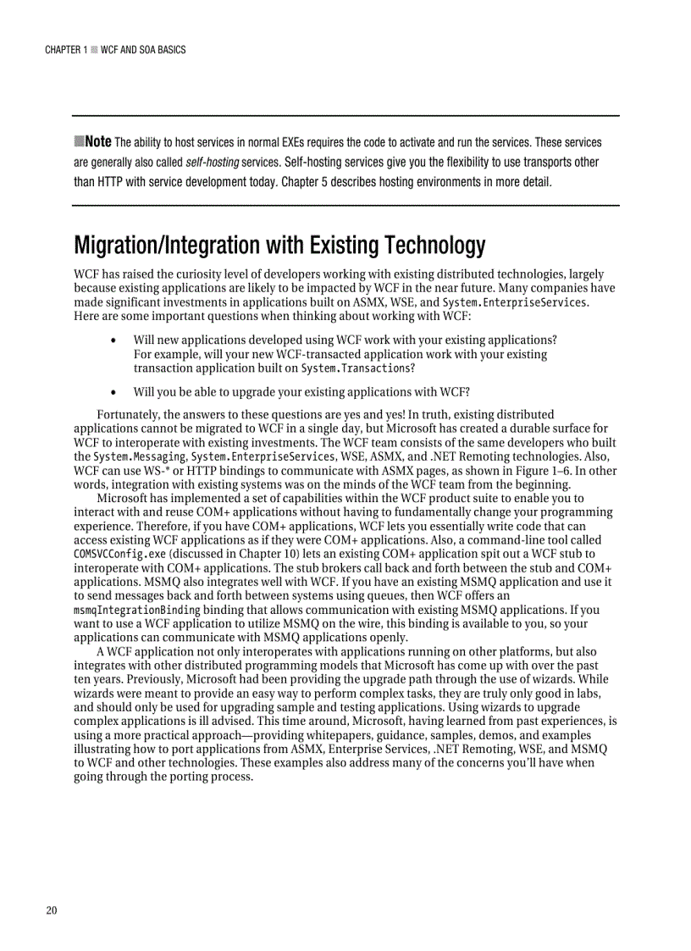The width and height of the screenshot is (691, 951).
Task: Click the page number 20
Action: tap(52, 910)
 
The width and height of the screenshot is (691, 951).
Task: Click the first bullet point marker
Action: tap(114, 340)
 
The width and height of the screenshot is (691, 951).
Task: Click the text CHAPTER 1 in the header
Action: tap(65, 50)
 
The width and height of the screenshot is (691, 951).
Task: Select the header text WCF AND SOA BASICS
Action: tap(142, 50)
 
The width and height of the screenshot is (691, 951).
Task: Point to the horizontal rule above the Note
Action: tap(345, 115)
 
